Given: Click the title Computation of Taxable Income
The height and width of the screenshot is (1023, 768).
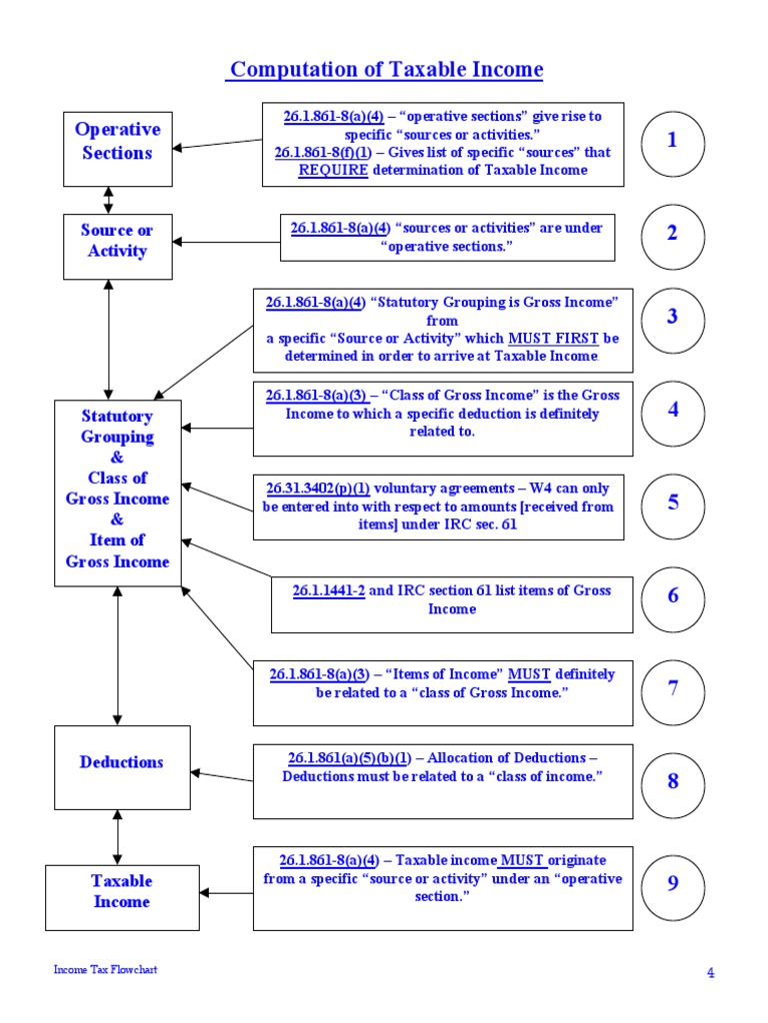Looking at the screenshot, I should tap(386, 69).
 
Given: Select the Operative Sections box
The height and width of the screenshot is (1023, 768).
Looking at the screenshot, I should tap(117, 148).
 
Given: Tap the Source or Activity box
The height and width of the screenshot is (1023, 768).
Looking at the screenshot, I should tap(117, 246).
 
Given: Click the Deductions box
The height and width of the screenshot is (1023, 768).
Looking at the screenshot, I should tap(122, 766).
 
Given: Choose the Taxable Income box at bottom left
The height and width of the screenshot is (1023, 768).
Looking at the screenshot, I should tap(121, 897).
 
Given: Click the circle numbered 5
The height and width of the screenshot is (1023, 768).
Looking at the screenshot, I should tap(673, 505).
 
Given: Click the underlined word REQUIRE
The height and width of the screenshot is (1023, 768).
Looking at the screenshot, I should tap(333, 170).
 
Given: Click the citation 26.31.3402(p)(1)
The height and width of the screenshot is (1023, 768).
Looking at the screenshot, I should tap(317, 489).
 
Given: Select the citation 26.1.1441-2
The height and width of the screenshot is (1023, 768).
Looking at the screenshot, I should tap(328, 590).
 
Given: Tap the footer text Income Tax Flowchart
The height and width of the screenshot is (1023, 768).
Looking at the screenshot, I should tap(106, 969).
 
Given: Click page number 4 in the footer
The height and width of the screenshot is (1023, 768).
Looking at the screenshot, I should tap(711, 973).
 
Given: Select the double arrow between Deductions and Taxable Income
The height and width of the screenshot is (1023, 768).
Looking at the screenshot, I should tap(118, 837).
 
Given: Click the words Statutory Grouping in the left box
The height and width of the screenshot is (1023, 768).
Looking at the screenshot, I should tap(117, 427).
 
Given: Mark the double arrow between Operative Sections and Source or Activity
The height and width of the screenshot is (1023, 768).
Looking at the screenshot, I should tap(108, 200).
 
